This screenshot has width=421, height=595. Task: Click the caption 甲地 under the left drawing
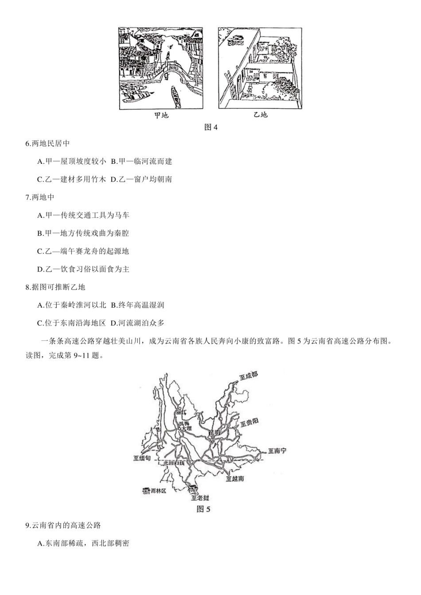click(161, 115)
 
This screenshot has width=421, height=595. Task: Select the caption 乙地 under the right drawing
click(260, 115)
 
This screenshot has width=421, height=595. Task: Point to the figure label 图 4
click(211, 127)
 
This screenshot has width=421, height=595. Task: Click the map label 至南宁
click(277, 451)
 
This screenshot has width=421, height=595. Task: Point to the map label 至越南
click(234, 479)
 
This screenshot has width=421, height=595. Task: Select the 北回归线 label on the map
click(174, 463)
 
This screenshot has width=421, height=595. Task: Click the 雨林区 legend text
click(158, 491)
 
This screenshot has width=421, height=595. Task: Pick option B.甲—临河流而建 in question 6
click(141, 162)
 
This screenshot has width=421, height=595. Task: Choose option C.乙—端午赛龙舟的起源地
click(83, 251)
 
